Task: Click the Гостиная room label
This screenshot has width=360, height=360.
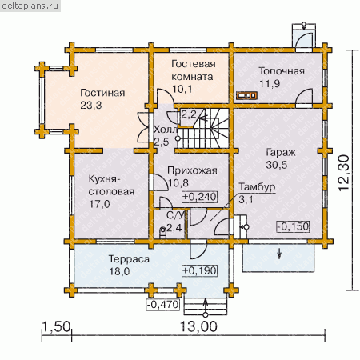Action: point(102,93)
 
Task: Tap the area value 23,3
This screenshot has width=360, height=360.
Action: point(91,106)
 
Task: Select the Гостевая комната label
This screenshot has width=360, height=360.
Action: point(194,70)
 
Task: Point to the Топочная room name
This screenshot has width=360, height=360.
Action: point(282,71)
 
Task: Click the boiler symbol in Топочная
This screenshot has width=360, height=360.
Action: point(247,95)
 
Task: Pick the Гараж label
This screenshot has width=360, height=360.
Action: point(281,153)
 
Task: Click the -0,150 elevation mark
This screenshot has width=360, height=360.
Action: point(293,226)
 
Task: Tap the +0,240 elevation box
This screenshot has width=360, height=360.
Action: point(199,197)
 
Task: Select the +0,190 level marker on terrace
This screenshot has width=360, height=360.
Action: point(199,270)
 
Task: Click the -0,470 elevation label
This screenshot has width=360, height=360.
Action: point(163,305)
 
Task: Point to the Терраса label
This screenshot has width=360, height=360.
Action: point(129,259)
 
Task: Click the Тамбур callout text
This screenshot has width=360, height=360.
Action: point(257,187)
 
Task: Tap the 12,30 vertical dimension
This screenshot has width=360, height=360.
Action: point(344,173)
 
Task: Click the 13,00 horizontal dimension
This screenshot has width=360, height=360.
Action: point(198,326)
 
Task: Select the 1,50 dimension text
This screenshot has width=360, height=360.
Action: point(57,326)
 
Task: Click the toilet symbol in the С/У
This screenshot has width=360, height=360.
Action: point(162,232)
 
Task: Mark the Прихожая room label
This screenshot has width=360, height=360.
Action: point(192,170)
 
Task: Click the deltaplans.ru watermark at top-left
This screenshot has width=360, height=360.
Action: point(30,6)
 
